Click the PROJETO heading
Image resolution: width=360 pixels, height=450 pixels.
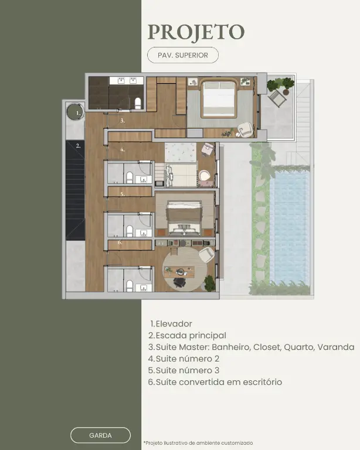click(196, 32)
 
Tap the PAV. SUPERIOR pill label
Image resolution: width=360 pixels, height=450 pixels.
click(183, 55)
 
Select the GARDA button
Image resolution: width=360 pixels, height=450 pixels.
click(100, 435)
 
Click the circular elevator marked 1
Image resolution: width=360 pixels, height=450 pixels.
click(75, 112)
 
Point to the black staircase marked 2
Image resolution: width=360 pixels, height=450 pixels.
click(75, 190)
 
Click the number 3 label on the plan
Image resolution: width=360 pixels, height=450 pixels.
click(123, 121)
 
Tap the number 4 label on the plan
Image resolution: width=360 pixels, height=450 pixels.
click(123, 149)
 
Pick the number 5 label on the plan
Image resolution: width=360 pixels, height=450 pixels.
click(123, 194)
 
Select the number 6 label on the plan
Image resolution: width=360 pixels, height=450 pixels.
click(120, 242)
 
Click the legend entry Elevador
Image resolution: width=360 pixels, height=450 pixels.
click(171, 323)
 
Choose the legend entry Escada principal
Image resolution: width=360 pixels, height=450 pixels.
click(187, 336)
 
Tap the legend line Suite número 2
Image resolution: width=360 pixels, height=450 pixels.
click(184, 359)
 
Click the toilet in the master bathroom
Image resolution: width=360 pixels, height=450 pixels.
click(138, 103)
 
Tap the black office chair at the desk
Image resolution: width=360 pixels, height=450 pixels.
click(179, 282)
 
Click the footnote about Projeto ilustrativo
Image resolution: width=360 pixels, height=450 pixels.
click(198, 443)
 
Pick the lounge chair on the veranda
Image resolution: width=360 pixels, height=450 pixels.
click(277, 98)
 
